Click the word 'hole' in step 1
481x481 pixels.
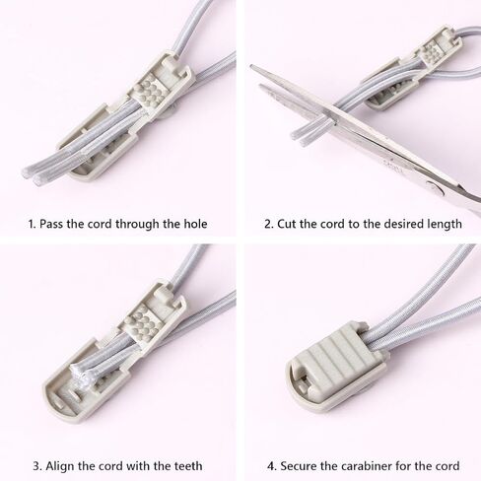tap(195, 224)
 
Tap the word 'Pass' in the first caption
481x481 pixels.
tap(51, 224)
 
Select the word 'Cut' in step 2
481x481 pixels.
tap(287, 224)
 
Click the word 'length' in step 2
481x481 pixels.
tap(445, 225)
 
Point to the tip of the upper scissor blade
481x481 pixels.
tap(251, 66)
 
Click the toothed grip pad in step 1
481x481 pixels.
tap(148, 94)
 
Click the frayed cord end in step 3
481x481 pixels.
tap(78, 374)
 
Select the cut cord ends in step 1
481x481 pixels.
tap(33, 174)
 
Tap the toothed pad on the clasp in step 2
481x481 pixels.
tap(431, 52)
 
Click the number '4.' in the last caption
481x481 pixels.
tap(271, 466)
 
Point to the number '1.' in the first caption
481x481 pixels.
tap(32, 224)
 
